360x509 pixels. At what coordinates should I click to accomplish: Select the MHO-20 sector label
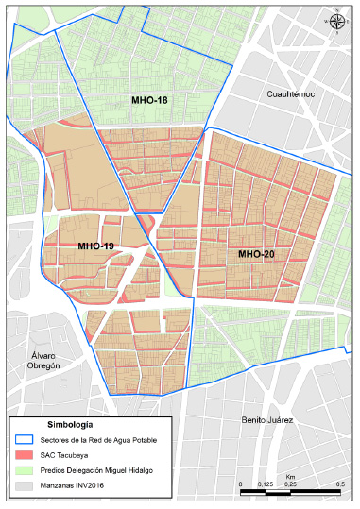pyautogui.click(x=256, y=254)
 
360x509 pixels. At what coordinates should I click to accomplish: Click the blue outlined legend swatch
pyautogui.click(x=26, y=440)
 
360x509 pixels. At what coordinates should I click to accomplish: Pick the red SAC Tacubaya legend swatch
pyautogui.click(x=26, y=455)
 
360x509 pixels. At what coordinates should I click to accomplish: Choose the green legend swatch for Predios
pyautogui.click(x=26, y=470)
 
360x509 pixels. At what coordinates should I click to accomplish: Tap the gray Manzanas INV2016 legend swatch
pyautogui.click(x=26, y=485)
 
